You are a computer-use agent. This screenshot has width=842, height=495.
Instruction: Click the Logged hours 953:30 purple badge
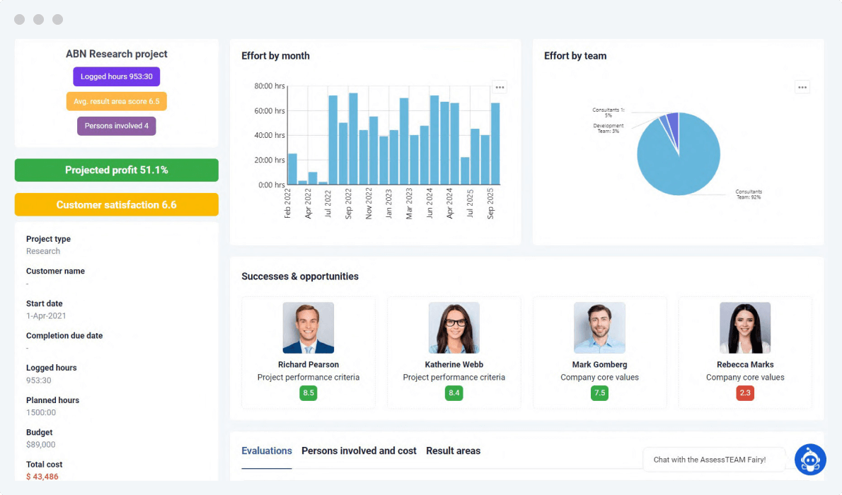tap(117, 76)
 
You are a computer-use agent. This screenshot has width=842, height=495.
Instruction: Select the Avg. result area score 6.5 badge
tap(117, 101)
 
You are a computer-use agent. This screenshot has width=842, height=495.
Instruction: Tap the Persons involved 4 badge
tap(117, 126)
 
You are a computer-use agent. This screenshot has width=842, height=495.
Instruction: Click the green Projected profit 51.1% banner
tap(117, 170)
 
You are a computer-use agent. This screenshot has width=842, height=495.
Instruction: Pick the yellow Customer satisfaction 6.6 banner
tap(117, 205)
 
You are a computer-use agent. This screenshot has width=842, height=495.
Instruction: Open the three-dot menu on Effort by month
tap(500, 88)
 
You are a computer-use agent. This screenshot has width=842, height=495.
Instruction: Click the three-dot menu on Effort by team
tap(802, 88)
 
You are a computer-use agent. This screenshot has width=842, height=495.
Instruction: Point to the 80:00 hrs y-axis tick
tap(270, 86)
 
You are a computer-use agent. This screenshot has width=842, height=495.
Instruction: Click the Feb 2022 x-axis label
tap(288, 204)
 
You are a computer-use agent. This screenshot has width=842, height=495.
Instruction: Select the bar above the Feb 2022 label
tap(292, 169)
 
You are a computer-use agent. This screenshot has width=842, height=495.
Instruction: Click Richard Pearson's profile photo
tap(308, 327)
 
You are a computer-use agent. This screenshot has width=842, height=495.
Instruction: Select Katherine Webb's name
tap(454, 365)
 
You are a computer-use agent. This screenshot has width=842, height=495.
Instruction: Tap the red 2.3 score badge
tap(745, 393)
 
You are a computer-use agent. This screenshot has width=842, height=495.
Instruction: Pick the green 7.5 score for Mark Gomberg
tap(599, 393)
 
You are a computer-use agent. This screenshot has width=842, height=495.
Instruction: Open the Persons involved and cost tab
tap(359, 451)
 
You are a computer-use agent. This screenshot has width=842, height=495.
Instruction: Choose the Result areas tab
tap(453, 451)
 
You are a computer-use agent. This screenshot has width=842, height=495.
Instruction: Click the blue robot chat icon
tap(810, 460)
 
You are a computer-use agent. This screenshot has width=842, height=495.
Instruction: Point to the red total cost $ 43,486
tap(42, 477)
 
